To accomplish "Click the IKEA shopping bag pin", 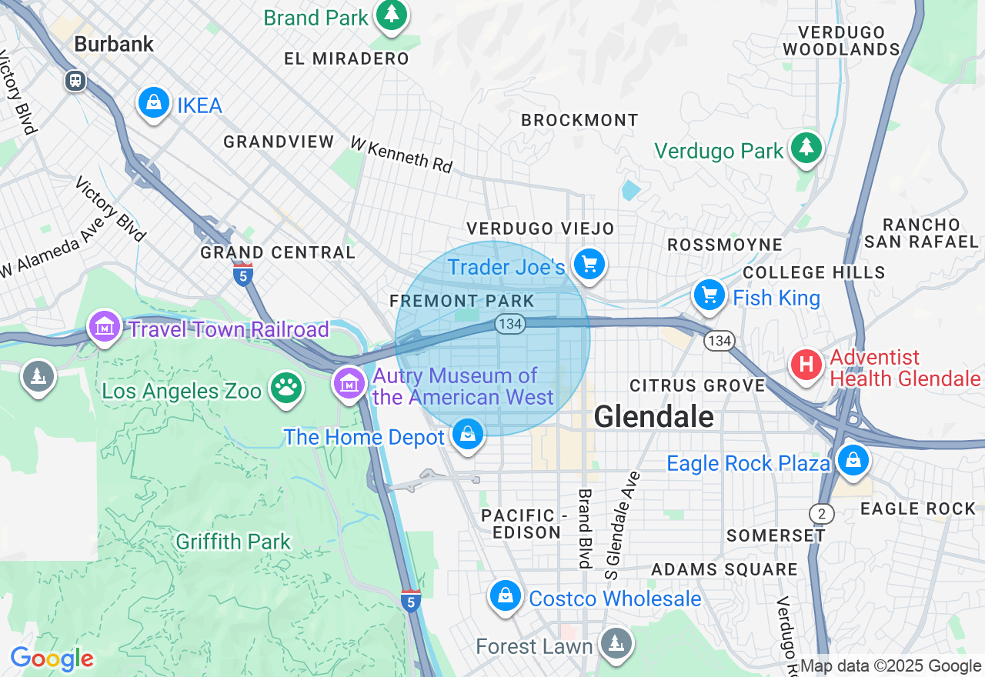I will (154, 102).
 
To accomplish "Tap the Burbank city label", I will (114, 44).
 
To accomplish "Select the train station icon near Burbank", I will (75, 80).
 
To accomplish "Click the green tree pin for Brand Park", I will (392, 14).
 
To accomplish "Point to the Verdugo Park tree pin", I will (806, 147).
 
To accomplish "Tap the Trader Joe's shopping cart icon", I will (589, 265).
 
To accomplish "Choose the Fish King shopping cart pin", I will (710, 295).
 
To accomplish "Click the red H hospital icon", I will (806, 364).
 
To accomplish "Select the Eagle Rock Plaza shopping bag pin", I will (853, 460).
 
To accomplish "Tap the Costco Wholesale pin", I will (506, 596).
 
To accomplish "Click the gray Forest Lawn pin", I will (616, 642).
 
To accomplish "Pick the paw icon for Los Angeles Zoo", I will (286, 389).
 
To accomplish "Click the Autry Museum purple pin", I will (349, 382).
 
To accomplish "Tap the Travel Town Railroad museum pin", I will (105, 327).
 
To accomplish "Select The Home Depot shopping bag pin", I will (467, 435).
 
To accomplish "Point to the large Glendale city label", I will (653, 417).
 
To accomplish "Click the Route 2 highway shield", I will (821, 513).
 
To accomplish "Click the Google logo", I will (52, 659).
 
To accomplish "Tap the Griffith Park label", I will (233, 542).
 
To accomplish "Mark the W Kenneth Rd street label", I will (401, 155).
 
